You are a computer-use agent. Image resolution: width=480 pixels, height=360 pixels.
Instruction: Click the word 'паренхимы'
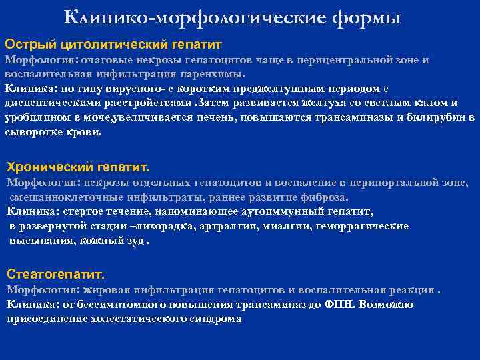click(x=217, y=74)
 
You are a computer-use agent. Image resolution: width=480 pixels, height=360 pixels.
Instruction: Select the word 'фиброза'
click(x=326, y=197)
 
